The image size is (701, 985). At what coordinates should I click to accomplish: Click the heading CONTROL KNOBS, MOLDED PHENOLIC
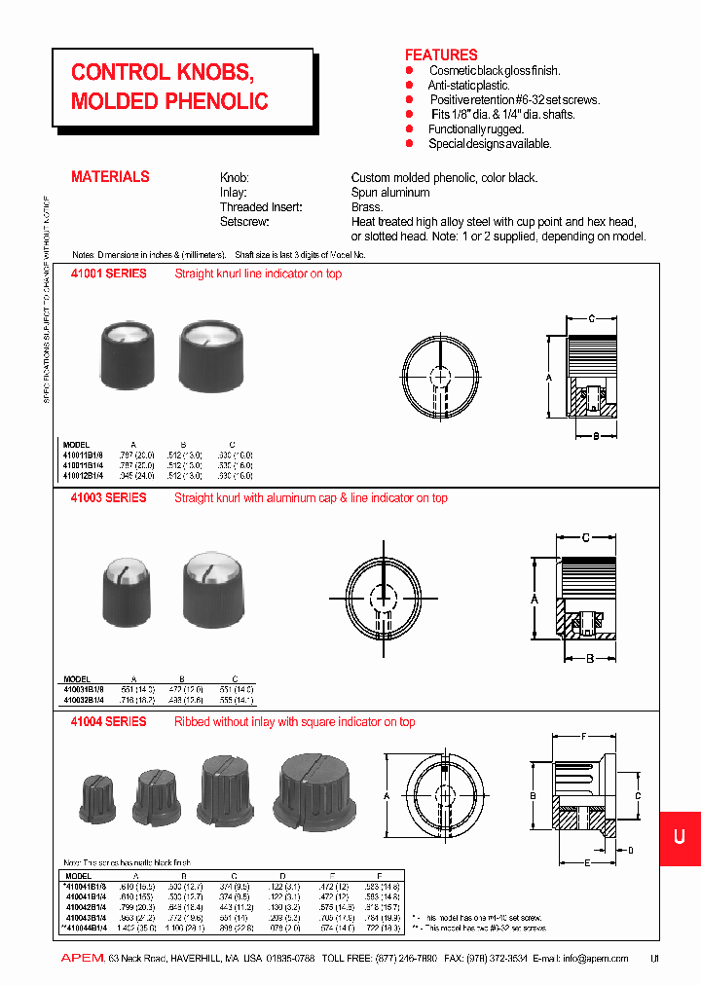[169, 87]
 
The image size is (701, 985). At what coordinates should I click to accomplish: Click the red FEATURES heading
[441, 55]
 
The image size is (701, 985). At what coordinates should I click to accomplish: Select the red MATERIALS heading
[110, 177]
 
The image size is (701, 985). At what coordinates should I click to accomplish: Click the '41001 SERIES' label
[109, 274]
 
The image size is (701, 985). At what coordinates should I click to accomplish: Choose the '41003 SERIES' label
[109, 498]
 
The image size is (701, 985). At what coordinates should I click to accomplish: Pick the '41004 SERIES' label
[109, 722]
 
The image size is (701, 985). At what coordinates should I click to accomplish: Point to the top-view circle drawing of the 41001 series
[440, 376]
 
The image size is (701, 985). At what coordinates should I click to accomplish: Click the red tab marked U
[679, 839]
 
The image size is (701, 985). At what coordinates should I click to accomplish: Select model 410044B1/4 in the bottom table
[92, 929]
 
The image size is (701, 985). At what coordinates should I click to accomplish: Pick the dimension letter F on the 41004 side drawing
[583, 737]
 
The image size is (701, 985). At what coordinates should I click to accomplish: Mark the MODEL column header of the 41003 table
[77, 679]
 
